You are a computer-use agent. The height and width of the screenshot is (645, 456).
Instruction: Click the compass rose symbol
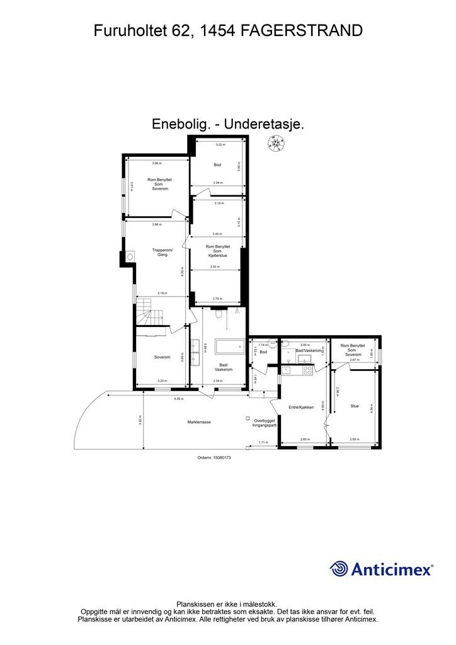point(275,145)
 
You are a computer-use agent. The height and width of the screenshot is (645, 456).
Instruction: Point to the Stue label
point(355,406)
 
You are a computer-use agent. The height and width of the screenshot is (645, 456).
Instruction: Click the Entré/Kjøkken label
point(301,407)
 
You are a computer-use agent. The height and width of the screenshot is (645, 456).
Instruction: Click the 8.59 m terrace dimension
point(178,398)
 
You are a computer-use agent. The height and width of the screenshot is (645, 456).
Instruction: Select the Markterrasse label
point(199,422)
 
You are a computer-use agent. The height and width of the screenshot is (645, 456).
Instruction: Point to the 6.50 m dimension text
point(181,271)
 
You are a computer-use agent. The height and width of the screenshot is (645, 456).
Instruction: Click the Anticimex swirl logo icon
point(339,569)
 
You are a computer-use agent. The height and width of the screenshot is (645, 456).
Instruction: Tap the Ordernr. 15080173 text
point(214,458)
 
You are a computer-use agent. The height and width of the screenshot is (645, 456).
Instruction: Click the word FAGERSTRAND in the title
point(302,30)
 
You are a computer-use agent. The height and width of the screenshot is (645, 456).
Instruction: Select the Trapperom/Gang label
point(162,253)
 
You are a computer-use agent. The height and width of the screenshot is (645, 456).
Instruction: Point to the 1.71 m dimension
point(263,443)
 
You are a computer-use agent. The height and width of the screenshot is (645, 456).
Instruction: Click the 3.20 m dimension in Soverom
point(162,381)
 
